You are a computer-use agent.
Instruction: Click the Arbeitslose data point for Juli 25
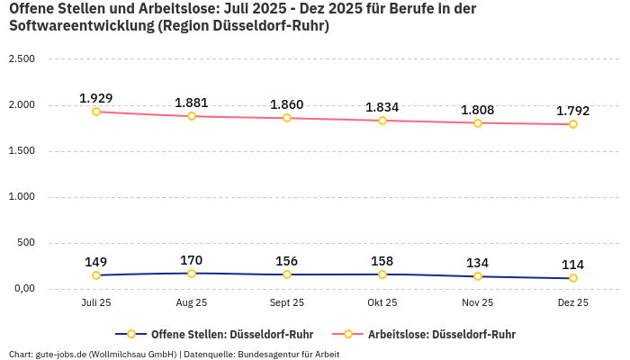96,112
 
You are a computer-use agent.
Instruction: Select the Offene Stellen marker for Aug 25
192,274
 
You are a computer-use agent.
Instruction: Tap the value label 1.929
96,97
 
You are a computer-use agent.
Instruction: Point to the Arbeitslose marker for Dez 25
573,124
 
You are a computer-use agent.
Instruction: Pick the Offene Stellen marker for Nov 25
478,276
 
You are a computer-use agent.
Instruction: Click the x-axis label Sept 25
287,303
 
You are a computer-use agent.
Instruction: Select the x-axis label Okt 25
382,303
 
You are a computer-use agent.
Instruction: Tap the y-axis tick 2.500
21,59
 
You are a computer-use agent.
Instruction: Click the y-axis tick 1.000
21,197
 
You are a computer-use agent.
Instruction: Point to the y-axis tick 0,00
21,289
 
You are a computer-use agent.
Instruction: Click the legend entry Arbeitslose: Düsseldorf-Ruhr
441,334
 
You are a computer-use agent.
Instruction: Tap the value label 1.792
573,111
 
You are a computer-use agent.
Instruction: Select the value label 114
573,265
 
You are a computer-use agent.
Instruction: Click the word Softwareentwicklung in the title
81,26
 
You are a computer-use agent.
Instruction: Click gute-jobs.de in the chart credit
59,354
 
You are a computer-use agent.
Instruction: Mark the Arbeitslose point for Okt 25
382,121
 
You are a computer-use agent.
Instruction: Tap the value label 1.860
287,104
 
